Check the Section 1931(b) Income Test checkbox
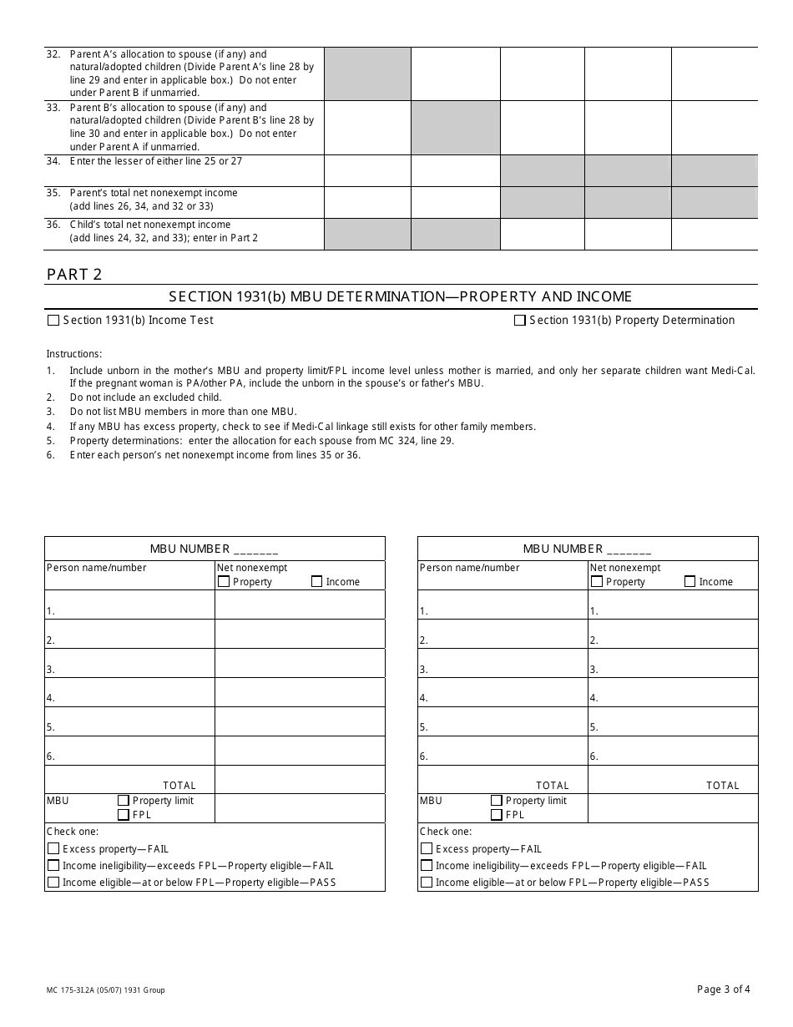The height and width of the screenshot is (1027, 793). tap(54, 320)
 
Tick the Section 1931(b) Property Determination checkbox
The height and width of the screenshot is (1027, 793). tap(520, 320)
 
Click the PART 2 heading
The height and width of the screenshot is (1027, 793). tap(74, 275)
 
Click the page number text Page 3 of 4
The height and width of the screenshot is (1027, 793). tap(723, 989)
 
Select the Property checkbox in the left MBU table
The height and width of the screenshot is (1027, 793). tap(224, 582)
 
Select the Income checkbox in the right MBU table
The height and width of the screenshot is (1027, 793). tap(690, 582)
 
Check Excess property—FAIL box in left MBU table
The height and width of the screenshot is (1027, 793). tap(54, 849)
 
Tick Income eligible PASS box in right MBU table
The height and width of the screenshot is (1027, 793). tap(427, 883)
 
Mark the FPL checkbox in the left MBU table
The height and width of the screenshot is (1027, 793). tap(124, 815)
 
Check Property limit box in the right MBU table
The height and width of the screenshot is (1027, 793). tap(497, 801)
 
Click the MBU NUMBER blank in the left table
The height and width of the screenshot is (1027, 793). tap(256, 549)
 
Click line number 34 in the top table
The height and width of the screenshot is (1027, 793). tap(53, 161)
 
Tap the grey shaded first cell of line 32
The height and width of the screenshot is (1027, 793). tap(367, 73)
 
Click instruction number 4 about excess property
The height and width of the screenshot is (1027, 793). tap(50, 427)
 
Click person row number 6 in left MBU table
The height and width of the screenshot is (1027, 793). tap(50, 756)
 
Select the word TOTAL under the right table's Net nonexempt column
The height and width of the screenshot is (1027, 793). tap(722, 786)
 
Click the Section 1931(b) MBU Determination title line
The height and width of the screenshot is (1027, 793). tap(400, 296)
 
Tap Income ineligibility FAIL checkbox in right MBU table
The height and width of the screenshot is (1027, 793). tap(427, 866)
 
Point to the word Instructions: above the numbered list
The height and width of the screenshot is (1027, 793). tap(73, 354)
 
